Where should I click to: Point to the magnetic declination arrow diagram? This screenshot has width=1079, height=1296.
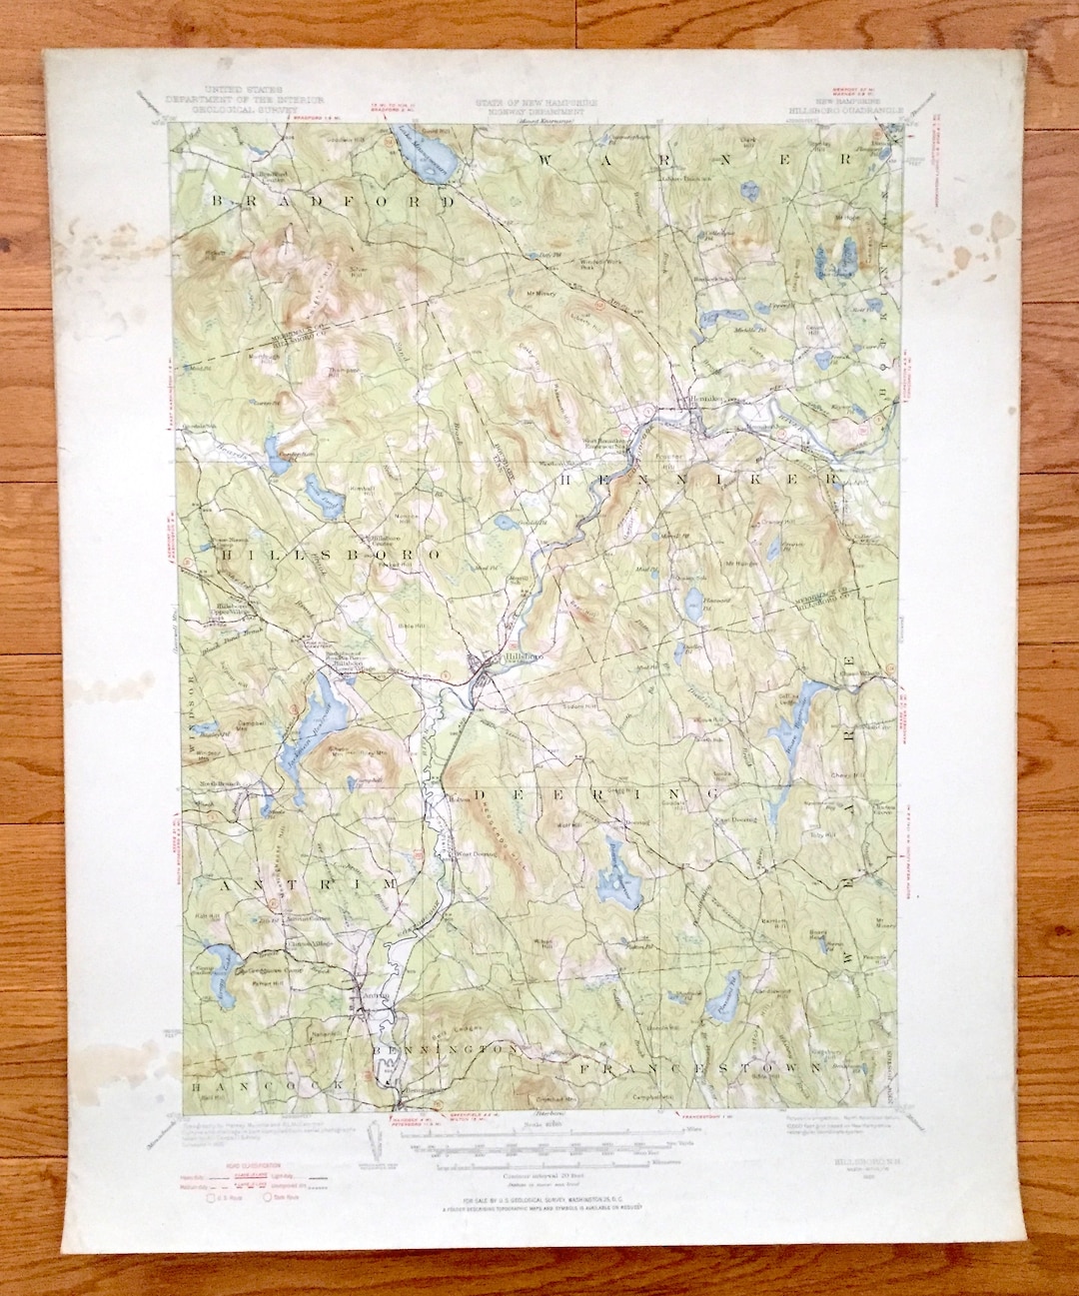377,1142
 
